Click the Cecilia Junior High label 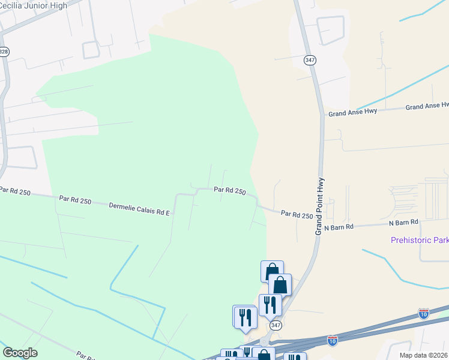pos(33,3)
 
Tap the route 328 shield pos(4,52)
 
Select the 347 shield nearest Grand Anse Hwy pos(309,60)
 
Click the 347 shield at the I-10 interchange pos(276,325)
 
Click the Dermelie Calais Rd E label pos(139,208)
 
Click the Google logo pos(20,353)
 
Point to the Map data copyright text pos(424,355)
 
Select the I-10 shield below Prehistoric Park pos(424,314)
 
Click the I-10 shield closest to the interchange pos(333,341)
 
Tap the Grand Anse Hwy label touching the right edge pos(427,106)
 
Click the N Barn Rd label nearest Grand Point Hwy pos(339,227)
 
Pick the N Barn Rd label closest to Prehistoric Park pos(403,222)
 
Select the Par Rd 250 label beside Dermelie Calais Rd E pos(75,200)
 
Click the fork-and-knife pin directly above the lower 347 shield pos(270,305)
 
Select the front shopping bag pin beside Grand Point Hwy pos(280,285)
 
